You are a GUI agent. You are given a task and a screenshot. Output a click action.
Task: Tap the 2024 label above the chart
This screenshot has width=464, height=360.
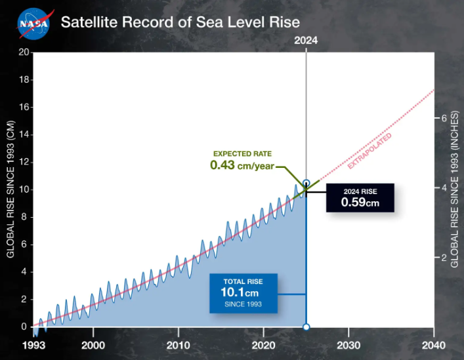pos(306,40)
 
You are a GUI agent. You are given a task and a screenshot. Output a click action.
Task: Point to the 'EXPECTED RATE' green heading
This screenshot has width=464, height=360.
pos(242,153)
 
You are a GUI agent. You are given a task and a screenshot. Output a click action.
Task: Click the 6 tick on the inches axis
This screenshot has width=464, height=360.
pos(444,118)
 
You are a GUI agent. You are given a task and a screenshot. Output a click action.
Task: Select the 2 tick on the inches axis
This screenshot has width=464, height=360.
pos(444,258)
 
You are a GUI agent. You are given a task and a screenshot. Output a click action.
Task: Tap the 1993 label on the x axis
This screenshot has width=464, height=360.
pos(33,345)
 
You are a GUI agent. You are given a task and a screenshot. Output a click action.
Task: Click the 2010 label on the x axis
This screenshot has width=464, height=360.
pos(179,345)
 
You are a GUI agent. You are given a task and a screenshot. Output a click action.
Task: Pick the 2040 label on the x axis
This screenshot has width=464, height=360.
pos(433,345)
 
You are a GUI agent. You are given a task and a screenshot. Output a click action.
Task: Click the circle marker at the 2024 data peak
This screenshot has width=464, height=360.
pos(306,183)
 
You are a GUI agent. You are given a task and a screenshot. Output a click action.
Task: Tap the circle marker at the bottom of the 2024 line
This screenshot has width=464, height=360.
pos(306,327)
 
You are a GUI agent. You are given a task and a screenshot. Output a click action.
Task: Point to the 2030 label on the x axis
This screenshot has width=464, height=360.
pos(348,345)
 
